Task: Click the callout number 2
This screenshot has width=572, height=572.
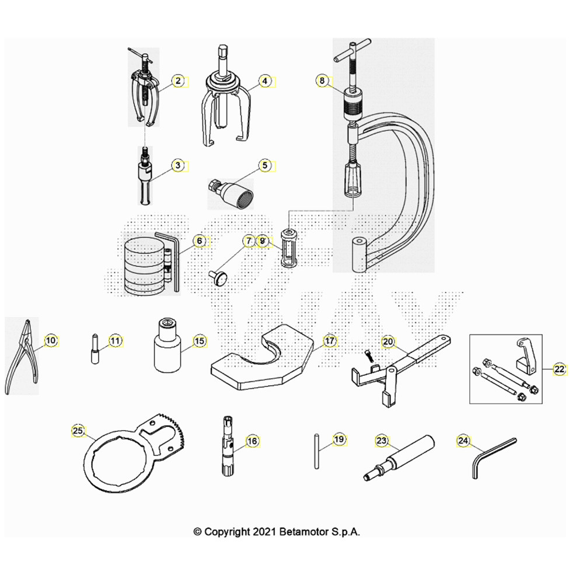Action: tap(178, 81)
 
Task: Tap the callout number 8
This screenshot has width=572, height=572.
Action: tap(322, 81)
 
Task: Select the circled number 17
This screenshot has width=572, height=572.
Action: tap(329, 341)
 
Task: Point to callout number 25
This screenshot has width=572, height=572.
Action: tap(78, 431)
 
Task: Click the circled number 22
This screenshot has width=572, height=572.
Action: tap(559, 369)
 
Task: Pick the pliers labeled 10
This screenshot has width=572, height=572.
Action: tap(22, 357)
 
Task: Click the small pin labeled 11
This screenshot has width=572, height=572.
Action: tap(95, 349)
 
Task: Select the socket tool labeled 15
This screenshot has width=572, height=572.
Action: tap(167, 345)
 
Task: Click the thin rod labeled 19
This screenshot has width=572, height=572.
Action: tap(316, 451)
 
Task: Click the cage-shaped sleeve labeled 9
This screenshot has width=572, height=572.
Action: tap(288, 249)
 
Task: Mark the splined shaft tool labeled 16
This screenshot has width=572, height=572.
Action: tap(228, 446)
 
